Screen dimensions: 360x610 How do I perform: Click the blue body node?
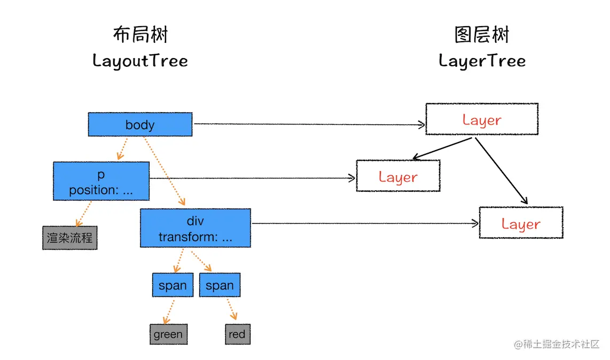point(140,124)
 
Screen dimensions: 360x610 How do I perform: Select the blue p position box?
point(101,182)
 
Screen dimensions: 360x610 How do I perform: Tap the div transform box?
point(195,229)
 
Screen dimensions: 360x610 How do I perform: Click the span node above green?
point(173,285)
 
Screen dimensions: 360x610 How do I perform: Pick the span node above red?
point(220,285)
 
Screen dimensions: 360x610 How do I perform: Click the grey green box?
point(168,334)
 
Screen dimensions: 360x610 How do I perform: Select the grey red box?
point(237,334)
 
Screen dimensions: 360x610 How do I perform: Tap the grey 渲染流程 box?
point(69,238)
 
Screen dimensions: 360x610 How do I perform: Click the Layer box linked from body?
point(481,119)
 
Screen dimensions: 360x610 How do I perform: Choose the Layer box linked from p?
point(398,176)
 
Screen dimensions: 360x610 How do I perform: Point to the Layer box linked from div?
point(521,223)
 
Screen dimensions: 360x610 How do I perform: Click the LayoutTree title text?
point(140,60)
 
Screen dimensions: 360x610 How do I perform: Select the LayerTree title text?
point(482,60)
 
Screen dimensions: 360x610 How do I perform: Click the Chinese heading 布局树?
point(140,35)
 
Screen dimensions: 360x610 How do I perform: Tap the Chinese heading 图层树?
point(482,35)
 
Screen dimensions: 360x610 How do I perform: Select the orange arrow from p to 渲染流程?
point(83,213)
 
